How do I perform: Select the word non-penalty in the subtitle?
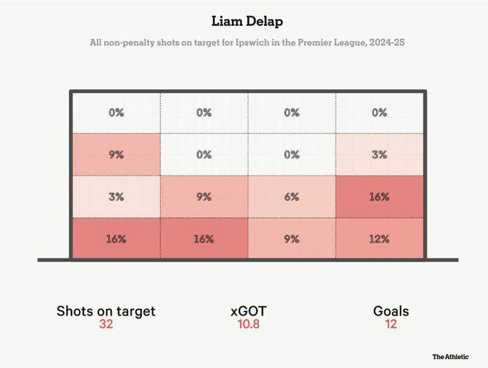pos(125,44)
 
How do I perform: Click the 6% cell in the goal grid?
pos(292,197)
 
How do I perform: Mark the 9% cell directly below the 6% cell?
pos(292,239)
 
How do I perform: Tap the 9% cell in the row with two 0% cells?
pos(116,155)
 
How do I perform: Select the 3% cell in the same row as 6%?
pos(116,197)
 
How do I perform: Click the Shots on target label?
pos(106,311)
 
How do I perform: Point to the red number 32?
pos(106,325)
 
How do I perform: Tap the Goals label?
pos(391,311)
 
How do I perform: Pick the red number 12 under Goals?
pos(391,325)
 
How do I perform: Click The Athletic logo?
pos(450,356)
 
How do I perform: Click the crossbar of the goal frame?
pos(248,92)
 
